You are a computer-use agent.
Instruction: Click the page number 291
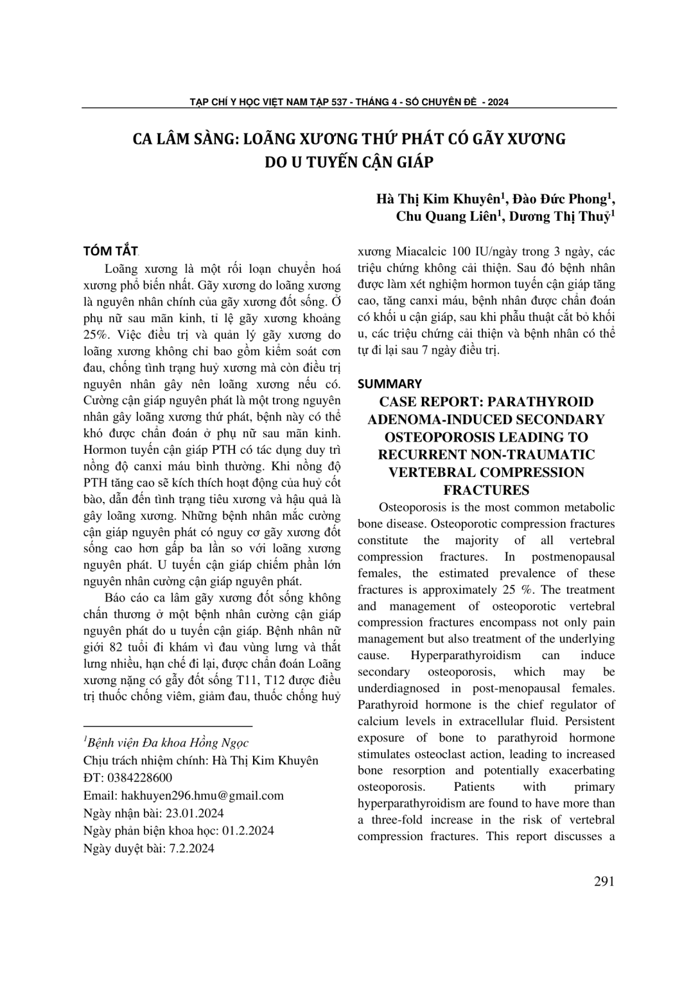604,881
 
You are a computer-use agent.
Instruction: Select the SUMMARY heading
389,384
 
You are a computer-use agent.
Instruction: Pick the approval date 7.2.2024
190,848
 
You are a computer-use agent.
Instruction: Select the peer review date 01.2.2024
248,830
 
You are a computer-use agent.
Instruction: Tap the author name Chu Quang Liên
446,216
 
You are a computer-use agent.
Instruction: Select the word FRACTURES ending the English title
486,490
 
